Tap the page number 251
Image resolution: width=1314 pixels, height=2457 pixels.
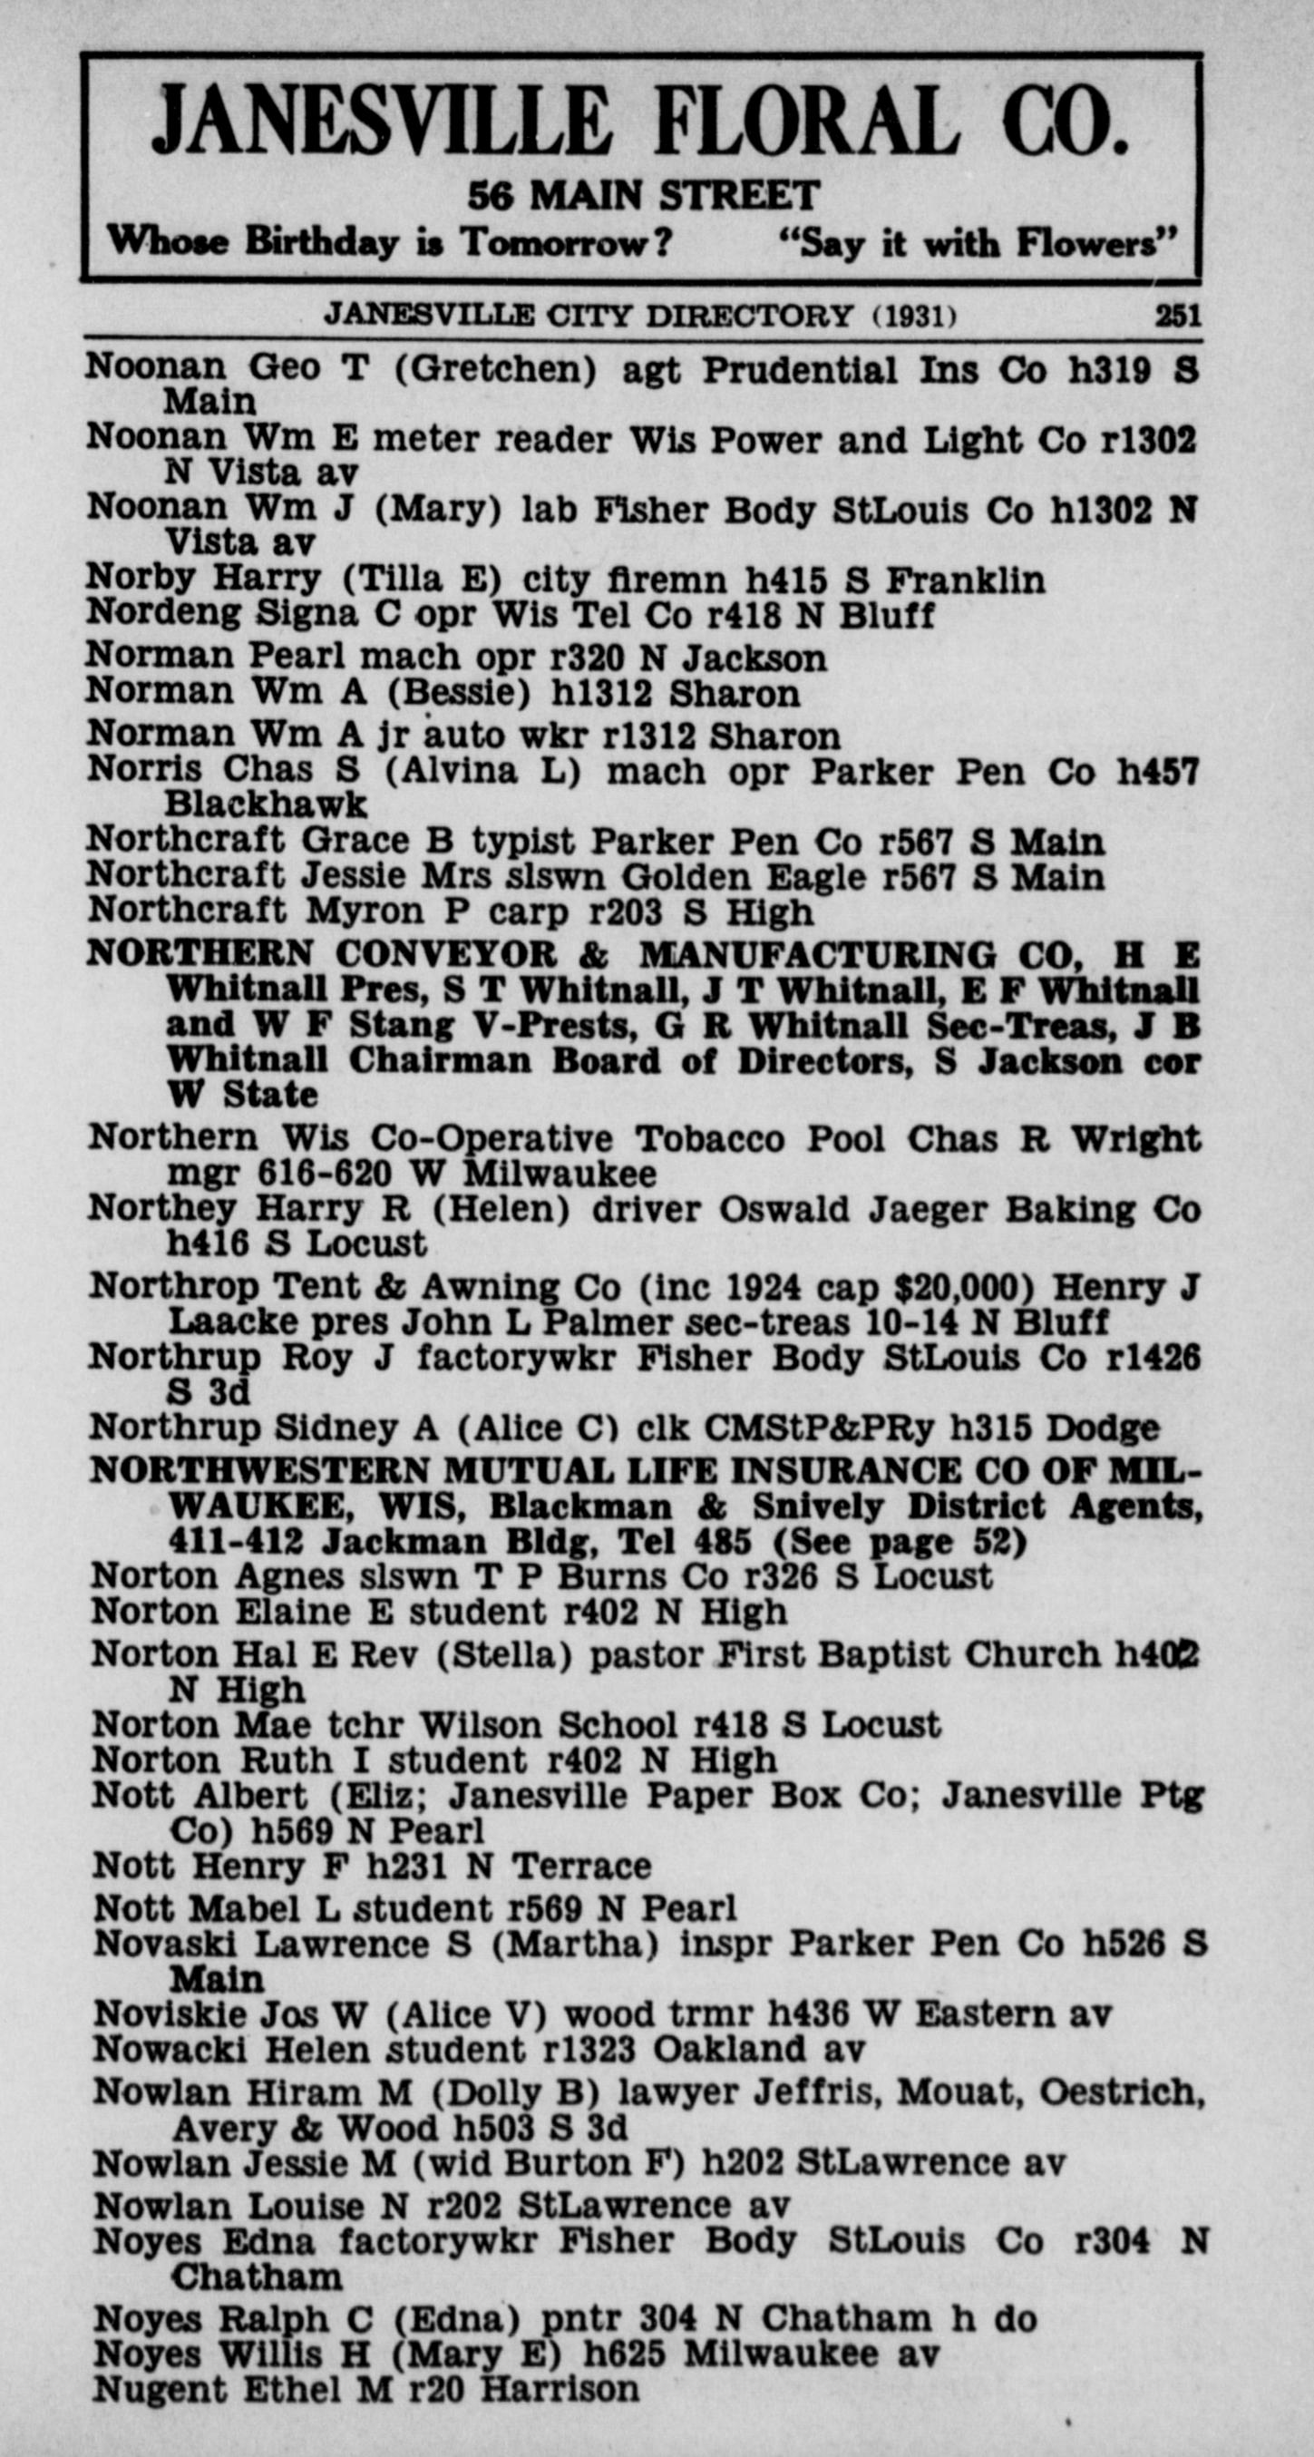[x=1178, y=315]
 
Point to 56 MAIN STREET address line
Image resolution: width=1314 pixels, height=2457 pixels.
[x=643, y=196]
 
